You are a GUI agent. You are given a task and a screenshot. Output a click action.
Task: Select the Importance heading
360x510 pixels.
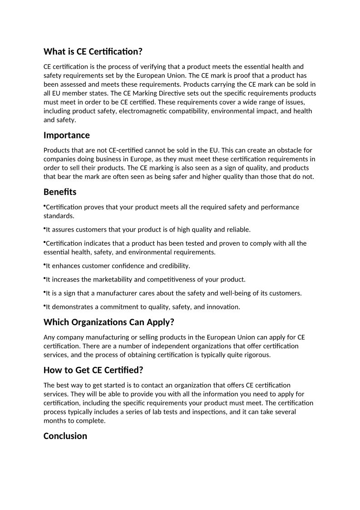click(66, 135)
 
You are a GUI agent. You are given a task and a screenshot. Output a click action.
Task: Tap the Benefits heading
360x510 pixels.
click(60, 192)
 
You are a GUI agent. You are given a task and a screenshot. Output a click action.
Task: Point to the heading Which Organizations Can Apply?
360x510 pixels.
click(109, 322)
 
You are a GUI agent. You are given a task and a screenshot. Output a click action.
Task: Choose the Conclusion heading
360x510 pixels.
click(65, 436)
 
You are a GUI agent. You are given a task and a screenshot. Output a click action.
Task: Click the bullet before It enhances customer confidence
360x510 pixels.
click(44, 264)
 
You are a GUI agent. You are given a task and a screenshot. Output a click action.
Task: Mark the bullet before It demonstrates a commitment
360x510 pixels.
click(44, 306)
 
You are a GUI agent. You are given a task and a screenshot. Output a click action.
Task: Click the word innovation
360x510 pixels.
click(224, 307)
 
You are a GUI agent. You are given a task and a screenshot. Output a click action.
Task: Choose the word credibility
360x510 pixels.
click(173, 266)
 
